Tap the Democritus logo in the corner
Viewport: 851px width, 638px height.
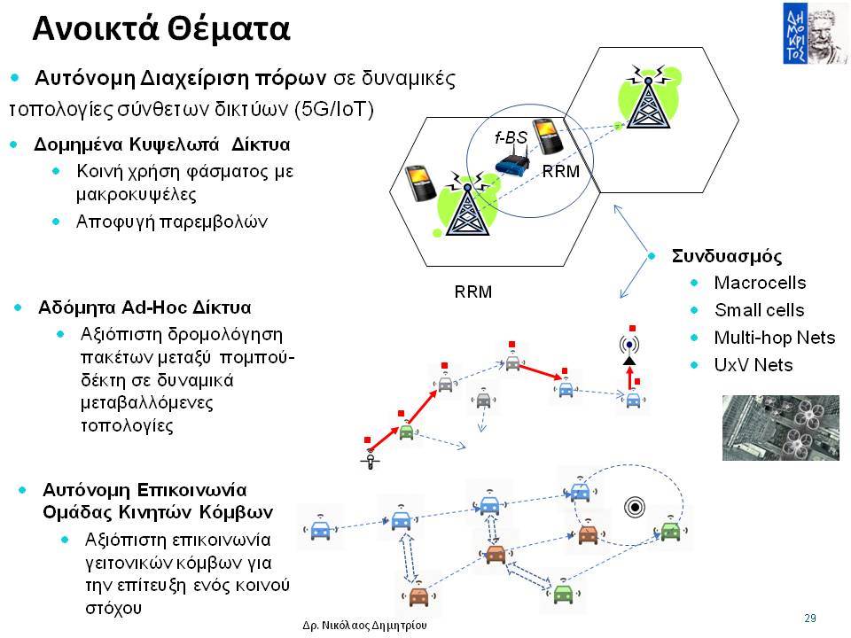pyautogui.click(x=814, y=33)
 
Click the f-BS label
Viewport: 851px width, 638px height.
pyautogui.click(x=511, y=137)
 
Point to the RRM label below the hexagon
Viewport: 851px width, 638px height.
pyautogui.click(x=472, y=292)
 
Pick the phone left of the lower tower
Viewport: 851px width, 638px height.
pyautogui.click(x=420, y=183)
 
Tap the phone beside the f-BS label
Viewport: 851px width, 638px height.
pyautogui.click(x=548, y=136)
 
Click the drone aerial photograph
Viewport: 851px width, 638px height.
pyautogui.click(x=780, y=427)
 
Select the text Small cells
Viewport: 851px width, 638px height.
pyautogui.click(x=759, y=310)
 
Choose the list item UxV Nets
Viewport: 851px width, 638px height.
pyautogui.click(x=753, y=364)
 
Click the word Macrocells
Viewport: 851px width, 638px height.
pyautogui.click(x=760, y=282)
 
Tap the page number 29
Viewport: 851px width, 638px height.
pyautogui.click(x=809, y=618)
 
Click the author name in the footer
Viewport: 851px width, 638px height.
pyautogui.click(x=364, y=625)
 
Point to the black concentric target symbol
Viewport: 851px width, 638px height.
pyautogui.click(x=635, y=507)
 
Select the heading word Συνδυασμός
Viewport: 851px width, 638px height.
pyautogui.click(x=727, y=255)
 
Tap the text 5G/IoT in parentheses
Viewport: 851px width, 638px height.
pyautogui.click(x=334, y=110)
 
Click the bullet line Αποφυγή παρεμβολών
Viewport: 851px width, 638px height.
pyautogui.click(x=171, y=222)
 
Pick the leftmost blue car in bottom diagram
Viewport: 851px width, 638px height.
pyautogui.click(x=320, y=528)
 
